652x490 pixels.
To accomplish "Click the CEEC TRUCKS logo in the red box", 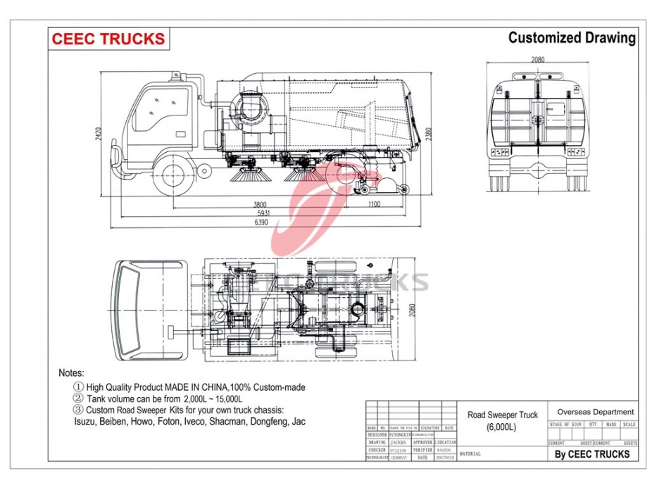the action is tap(108, 39).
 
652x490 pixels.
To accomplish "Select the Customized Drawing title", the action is tap(572, 38).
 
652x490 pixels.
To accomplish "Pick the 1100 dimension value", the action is tap(373, 205).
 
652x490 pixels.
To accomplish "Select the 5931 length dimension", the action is tap(265, 213).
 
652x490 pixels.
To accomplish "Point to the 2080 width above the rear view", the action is tap(538, 59).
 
